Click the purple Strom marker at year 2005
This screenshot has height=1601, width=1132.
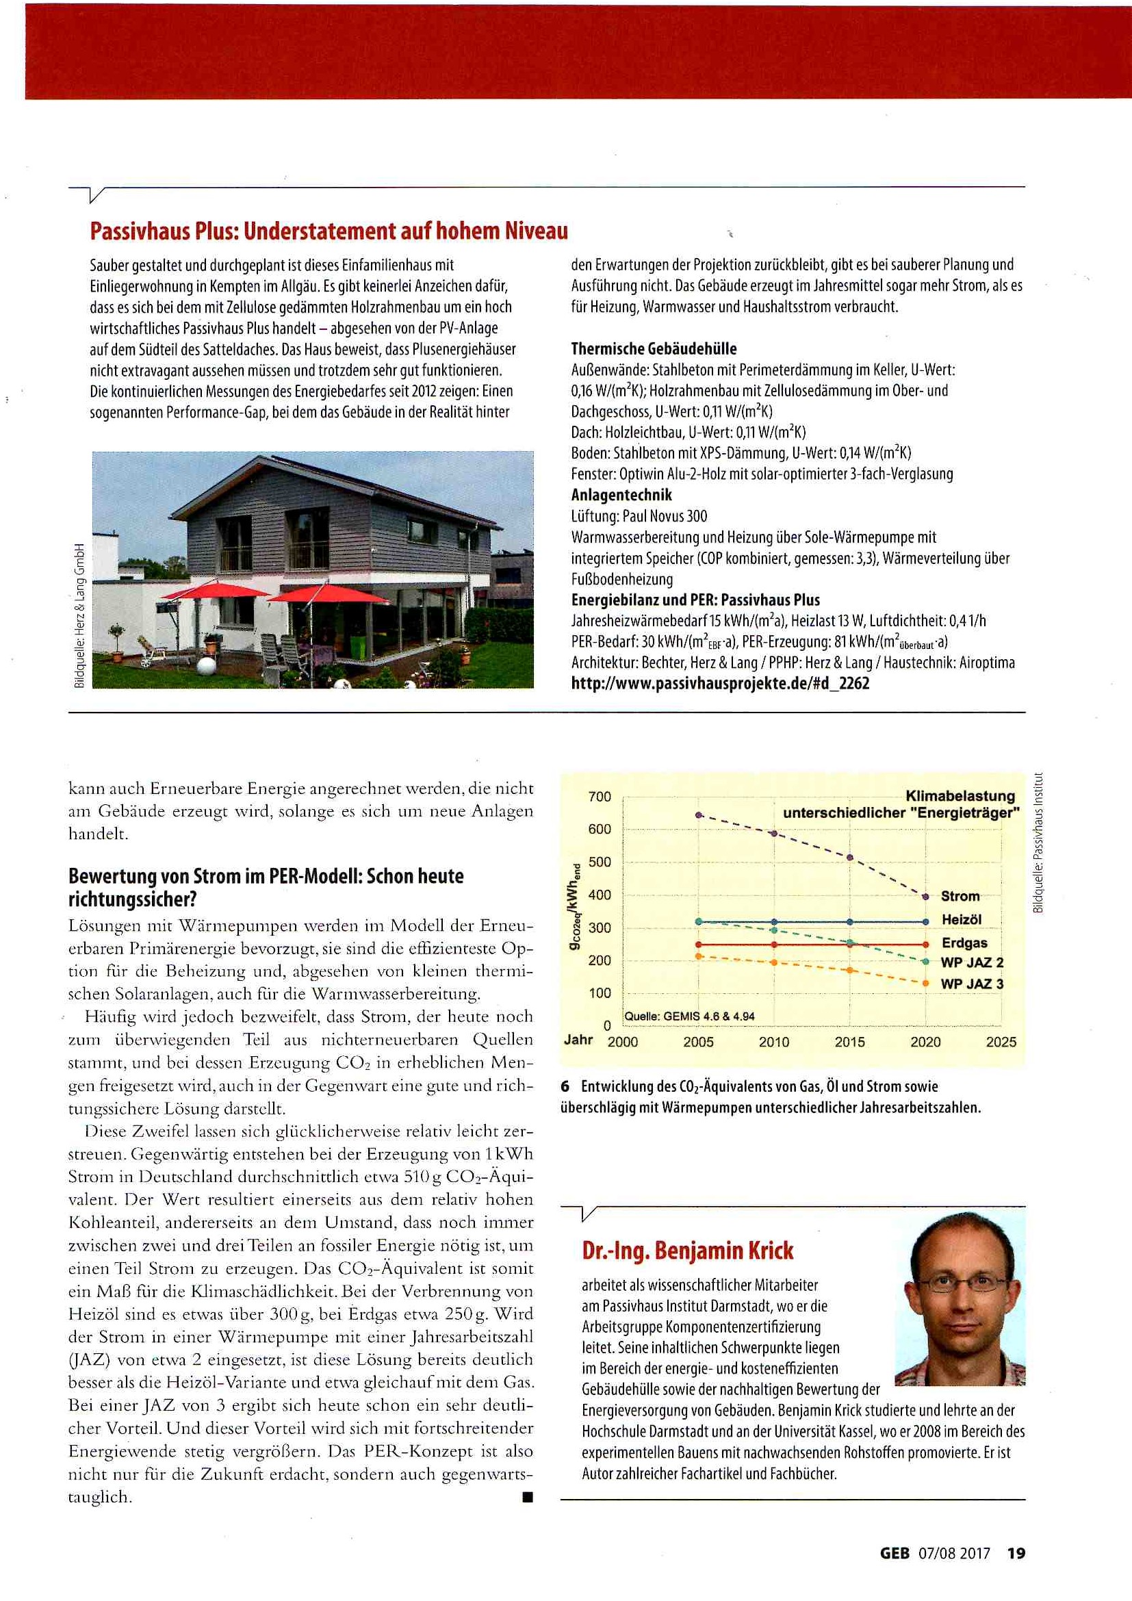coord(699,815)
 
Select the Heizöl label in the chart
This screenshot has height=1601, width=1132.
coord(961,920)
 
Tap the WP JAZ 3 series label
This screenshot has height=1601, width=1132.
coord(972,984)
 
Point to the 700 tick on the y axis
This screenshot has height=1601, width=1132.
coord(600,796)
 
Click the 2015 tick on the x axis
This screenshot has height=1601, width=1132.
coord(849,1042)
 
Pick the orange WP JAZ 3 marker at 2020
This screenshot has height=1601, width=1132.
coord(925,983)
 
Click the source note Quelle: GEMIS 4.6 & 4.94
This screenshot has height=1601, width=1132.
coord(689,1016)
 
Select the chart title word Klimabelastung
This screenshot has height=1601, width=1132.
coord(960,795)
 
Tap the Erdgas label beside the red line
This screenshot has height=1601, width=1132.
coord(964,943)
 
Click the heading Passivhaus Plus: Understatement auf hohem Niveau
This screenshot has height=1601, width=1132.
coord(329,231)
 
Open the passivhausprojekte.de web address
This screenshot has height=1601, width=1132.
coord(720,683)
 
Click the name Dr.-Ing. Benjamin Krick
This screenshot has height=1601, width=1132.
coord(687,1251)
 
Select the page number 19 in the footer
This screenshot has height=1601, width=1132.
coord(1016,1553)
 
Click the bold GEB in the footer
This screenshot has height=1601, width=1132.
coord(895,1553)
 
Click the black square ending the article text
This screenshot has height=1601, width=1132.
coord(528,1496)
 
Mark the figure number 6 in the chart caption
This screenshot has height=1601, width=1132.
coord(565,1086)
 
